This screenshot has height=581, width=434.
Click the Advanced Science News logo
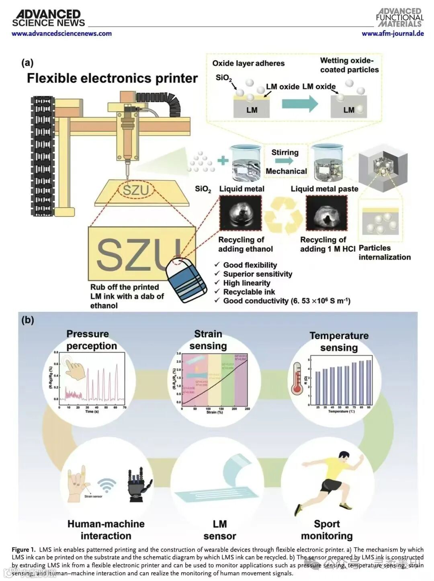point(48,18)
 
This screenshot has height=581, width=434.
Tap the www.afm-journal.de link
point(393,34)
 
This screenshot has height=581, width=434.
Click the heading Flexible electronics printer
point(112,78)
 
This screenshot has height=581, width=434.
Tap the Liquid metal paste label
point(324,189)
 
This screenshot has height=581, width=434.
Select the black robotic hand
point(139,486)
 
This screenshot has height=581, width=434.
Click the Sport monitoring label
point(327,530)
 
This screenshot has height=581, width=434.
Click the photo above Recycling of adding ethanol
point(240,214)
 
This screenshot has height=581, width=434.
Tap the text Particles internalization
point(385,253)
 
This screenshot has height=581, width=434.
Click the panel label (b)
point(27,320)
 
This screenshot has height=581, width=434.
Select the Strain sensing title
point(208,340)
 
